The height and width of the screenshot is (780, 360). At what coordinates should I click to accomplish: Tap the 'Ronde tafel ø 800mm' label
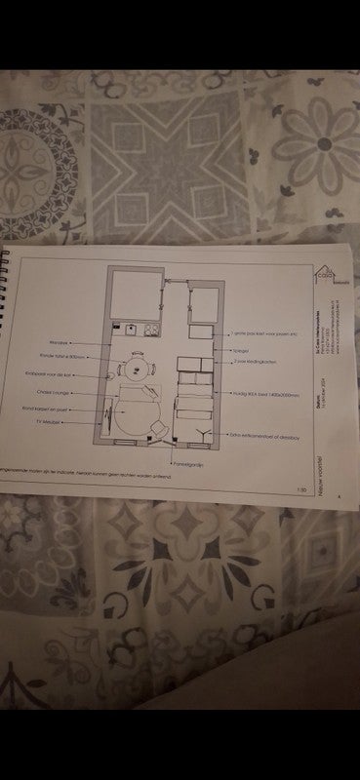tap(64, 357)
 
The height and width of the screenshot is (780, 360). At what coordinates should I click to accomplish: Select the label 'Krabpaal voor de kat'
tap(60, 375)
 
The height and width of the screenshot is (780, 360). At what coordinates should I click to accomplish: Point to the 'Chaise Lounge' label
tap(60, 394)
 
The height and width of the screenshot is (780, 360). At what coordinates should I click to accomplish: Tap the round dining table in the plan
tap(138, 369)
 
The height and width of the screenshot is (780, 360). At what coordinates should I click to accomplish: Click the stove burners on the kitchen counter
tap(151, 330)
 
